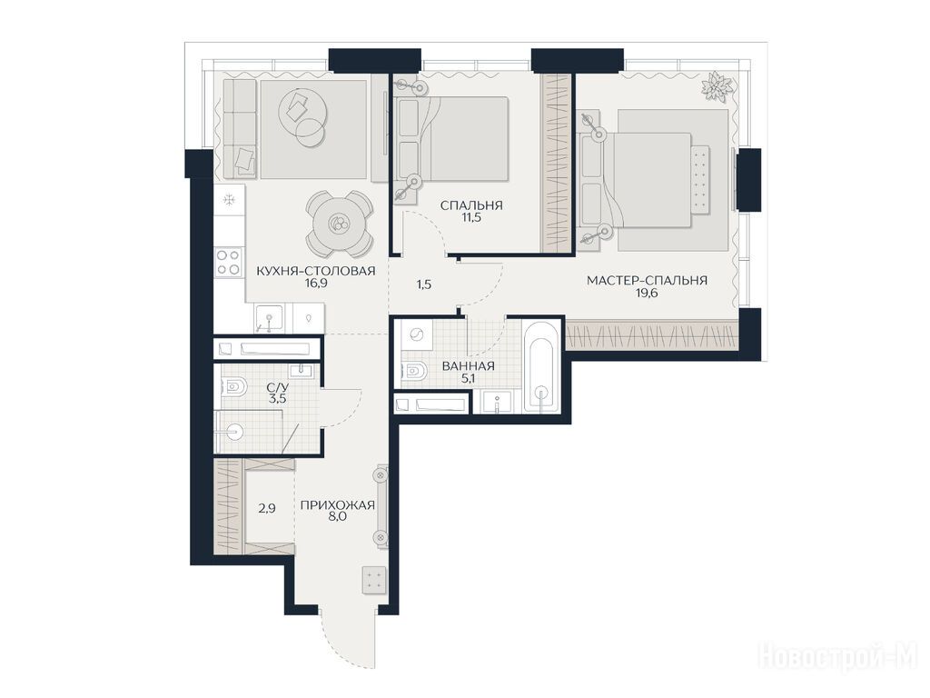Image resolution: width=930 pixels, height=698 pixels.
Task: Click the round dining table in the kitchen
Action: tap(340, 224)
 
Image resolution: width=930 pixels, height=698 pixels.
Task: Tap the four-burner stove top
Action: tap(229, 262)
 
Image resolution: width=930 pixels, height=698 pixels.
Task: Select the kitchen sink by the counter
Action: tap(269, 318)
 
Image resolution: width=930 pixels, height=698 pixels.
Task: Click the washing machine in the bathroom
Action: tap(416, 336)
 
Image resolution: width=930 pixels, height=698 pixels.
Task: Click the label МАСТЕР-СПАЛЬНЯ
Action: tap(647, 280)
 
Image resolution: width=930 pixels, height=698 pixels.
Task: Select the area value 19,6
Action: tap(647, 293)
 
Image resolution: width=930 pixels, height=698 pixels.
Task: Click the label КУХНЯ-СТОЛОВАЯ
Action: tap(315, 271)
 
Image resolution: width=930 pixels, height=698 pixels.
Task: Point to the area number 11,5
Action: tap(471, 217)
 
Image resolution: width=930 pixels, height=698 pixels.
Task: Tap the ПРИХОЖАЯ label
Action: tap(338, 505)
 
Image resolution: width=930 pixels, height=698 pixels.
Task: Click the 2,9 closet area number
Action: tap(267, 508)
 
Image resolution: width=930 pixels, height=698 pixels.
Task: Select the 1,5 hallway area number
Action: tap(423, 284)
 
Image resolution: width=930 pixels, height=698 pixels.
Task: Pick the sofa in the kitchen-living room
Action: tap(240, 128)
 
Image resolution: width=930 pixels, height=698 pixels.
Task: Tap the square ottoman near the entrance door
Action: tap(373, 580)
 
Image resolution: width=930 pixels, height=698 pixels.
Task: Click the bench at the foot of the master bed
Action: tap(700, 178)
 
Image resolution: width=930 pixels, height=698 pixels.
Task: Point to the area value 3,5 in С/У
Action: tap(277, 399)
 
